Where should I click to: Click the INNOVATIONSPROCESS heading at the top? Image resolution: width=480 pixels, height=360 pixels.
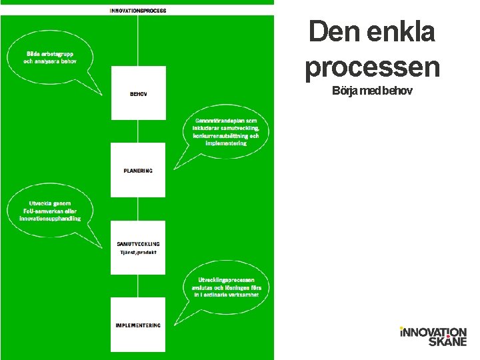coord(138,11)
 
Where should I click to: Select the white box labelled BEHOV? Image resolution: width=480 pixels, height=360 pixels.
coord(138,93)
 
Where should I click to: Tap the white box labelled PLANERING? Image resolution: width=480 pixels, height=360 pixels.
coord(138,170)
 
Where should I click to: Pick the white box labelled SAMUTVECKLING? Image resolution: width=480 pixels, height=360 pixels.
coord(138,247)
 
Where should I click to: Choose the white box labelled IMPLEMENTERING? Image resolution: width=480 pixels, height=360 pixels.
coord(138,325)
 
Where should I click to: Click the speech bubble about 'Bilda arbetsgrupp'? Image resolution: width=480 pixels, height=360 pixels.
coord(51,57)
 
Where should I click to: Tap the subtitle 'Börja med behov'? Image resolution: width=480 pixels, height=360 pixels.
coord(372,90)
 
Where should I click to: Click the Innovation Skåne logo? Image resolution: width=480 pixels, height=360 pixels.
coord(433,336)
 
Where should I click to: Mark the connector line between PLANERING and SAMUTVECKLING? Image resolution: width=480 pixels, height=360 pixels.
coord(138,209)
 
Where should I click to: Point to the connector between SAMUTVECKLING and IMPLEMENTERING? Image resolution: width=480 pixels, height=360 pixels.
coord(138,286)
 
